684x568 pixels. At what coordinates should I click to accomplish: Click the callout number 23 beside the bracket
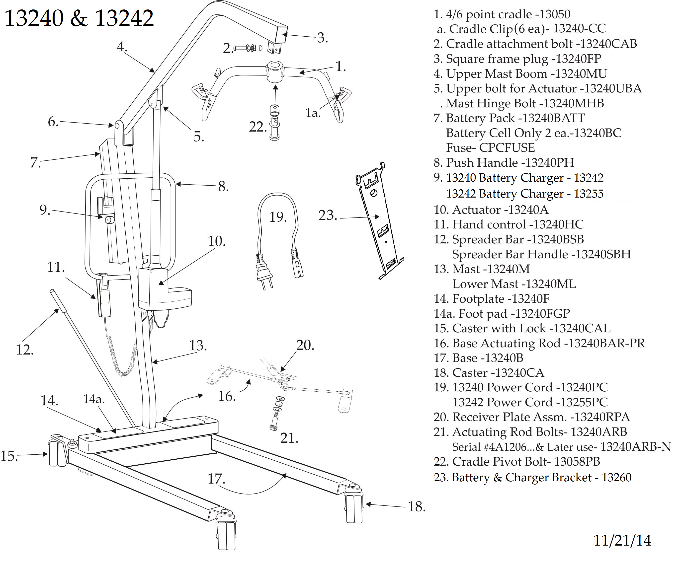coord(327,215)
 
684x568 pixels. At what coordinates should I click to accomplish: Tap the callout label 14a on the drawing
coord(93,399)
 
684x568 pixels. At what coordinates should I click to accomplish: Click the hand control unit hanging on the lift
coord(104,296)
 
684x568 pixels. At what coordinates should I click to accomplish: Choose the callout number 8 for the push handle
coord(223,187)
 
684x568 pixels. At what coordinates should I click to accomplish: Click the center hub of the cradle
coord(275,71)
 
